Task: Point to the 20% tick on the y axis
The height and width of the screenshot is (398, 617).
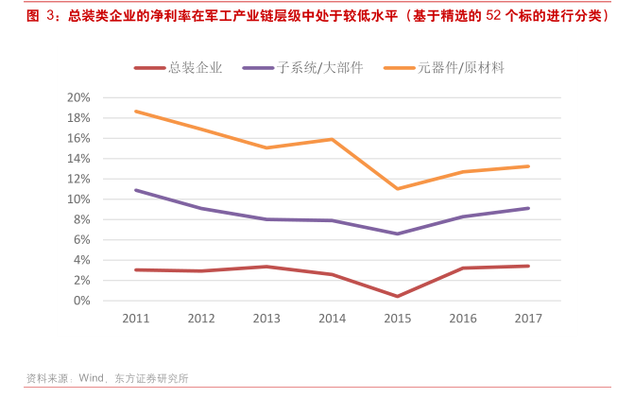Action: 78,97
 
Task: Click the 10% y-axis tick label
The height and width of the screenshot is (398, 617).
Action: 78,199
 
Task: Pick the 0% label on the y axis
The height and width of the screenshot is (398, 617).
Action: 82,301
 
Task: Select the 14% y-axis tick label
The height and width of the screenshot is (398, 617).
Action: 78,159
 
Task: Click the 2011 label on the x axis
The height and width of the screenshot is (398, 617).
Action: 135,319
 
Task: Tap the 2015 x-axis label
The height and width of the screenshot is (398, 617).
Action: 397,319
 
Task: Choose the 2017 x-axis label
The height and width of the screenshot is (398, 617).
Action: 528,319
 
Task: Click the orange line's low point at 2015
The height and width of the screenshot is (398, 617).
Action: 397,189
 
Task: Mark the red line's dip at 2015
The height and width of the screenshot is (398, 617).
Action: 397,296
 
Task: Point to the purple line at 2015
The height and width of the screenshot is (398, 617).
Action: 397,234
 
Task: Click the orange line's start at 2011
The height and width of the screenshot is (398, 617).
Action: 135,112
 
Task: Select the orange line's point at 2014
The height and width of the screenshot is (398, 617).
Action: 332,139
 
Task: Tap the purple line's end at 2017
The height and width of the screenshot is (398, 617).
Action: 528,208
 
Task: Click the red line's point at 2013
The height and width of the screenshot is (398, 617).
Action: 266,267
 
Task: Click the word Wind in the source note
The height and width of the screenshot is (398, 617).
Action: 91,378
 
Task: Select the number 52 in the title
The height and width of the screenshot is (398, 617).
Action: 491,16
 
